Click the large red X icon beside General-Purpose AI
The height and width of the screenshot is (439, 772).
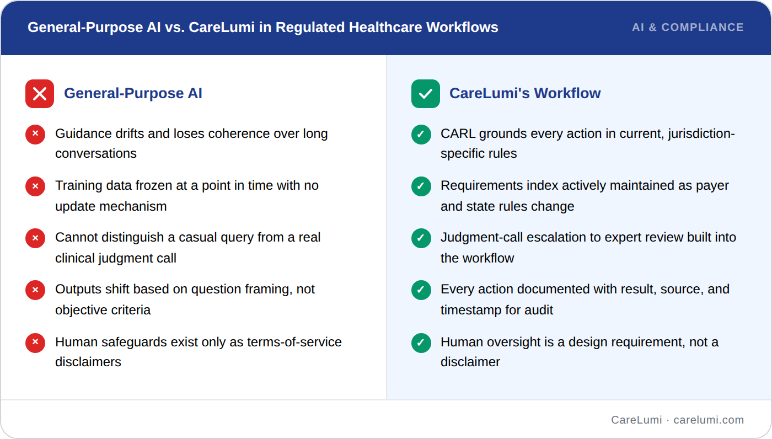pos(40,94)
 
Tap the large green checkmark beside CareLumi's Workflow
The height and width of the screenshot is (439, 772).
pos(426,94)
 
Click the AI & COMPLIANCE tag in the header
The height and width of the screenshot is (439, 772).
pos(688,27)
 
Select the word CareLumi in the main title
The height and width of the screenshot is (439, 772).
pos(222,27)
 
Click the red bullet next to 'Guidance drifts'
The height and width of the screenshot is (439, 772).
pos(35,135)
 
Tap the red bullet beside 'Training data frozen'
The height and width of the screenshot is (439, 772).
pos(35,186)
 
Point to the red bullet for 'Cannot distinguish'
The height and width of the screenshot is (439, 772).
pos(35,238)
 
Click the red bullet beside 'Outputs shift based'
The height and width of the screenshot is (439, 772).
pos(35,290)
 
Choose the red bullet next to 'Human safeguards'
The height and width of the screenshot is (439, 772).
pos(35,343)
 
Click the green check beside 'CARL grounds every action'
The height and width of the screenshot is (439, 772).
pos(421,135)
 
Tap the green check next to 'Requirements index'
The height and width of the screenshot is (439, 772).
pos(421,186)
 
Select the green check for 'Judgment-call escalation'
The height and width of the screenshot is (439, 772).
pos(421,238)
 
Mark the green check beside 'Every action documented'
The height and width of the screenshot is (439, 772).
pos(421,290)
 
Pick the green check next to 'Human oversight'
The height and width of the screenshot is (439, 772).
pos(421,343)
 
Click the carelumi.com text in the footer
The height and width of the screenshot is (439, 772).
pos(709,420)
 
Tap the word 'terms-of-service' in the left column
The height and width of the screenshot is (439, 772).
pos(294,342)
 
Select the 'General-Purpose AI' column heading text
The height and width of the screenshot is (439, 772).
pos(133,93)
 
